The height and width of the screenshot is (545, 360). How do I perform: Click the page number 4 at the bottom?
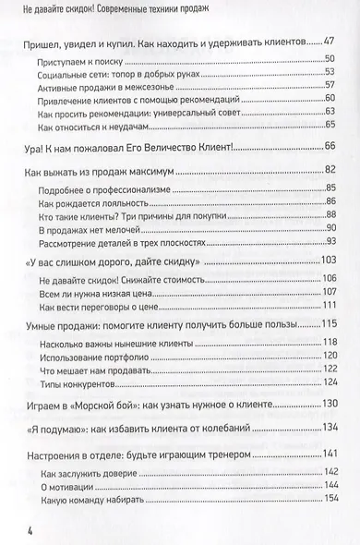tap(30, 529)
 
